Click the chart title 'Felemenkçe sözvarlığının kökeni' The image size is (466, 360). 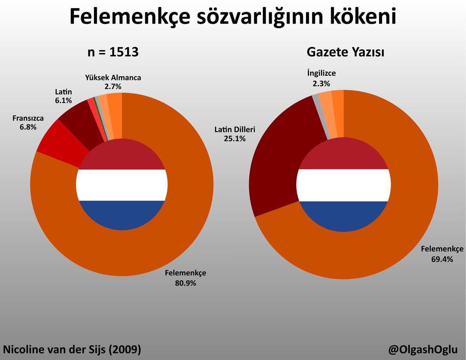coord(233,17)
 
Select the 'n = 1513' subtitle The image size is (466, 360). coord(113,52)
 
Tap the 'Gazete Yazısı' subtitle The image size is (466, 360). coord(345,52)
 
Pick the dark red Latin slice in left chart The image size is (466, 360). coord(80,120)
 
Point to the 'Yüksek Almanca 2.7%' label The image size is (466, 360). coord(113,82)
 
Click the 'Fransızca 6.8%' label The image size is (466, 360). coord(28,122)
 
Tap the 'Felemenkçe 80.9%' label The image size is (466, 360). coord(185,278)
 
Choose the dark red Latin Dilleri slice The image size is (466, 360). coord(280,155)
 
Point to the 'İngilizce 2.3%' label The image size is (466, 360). coord(321,78)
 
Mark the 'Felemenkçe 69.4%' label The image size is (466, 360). coord(442,254)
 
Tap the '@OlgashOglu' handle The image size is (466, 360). coord(423,350)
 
